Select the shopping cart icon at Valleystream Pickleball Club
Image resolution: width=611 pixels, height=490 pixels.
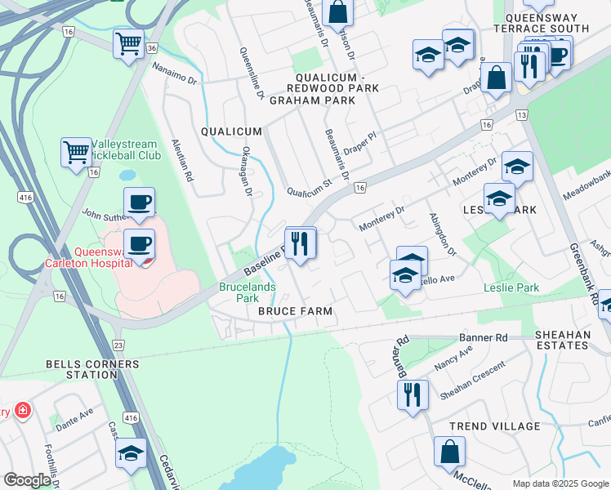point(76,151)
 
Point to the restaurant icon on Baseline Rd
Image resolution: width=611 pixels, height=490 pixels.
point(301,243)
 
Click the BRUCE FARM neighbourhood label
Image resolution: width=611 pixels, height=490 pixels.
point(295,312)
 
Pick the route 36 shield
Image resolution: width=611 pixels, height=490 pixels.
point(152,48)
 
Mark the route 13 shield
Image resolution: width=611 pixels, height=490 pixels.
point(520,115)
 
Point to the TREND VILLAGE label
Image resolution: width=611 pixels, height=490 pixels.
point(494,426)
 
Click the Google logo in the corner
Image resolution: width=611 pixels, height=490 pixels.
point(28,479)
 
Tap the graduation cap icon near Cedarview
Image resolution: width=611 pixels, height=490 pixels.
point(131,453)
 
